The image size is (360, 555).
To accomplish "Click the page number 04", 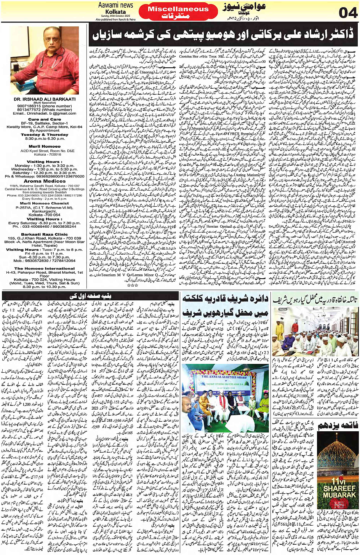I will pyautogui.click(x=348, y=13).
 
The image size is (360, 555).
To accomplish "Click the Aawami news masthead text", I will pyautogui.click(x=115, y=5).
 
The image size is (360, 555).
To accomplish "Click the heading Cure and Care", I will pyautogui.click(x=45, y=120).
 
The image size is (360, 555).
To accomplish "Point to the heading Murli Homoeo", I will pyautogui.click(x=45, y=146).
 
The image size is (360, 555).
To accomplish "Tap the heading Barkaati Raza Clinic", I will pyautogui.click(x=44, y=234).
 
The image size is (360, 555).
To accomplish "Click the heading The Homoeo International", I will pyautogui.click(x=44, y=268).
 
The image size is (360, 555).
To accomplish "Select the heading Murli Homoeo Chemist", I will pyautogui.click(x=44, y=204).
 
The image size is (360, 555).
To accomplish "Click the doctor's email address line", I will pyautogui.click(x=44, y=113).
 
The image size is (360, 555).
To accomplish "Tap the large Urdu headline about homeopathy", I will pyautogui.click(x=223, y=35).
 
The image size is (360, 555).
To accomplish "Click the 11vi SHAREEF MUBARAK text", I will pyautogui.click(x=339, y=491).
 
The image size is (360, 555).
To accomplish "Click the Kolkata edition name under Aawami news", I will pyautogui.click(x=115, y=12).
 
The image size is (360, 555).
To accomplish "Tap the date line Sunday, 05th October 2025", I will pyautogui.click(x=115, y=16).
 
